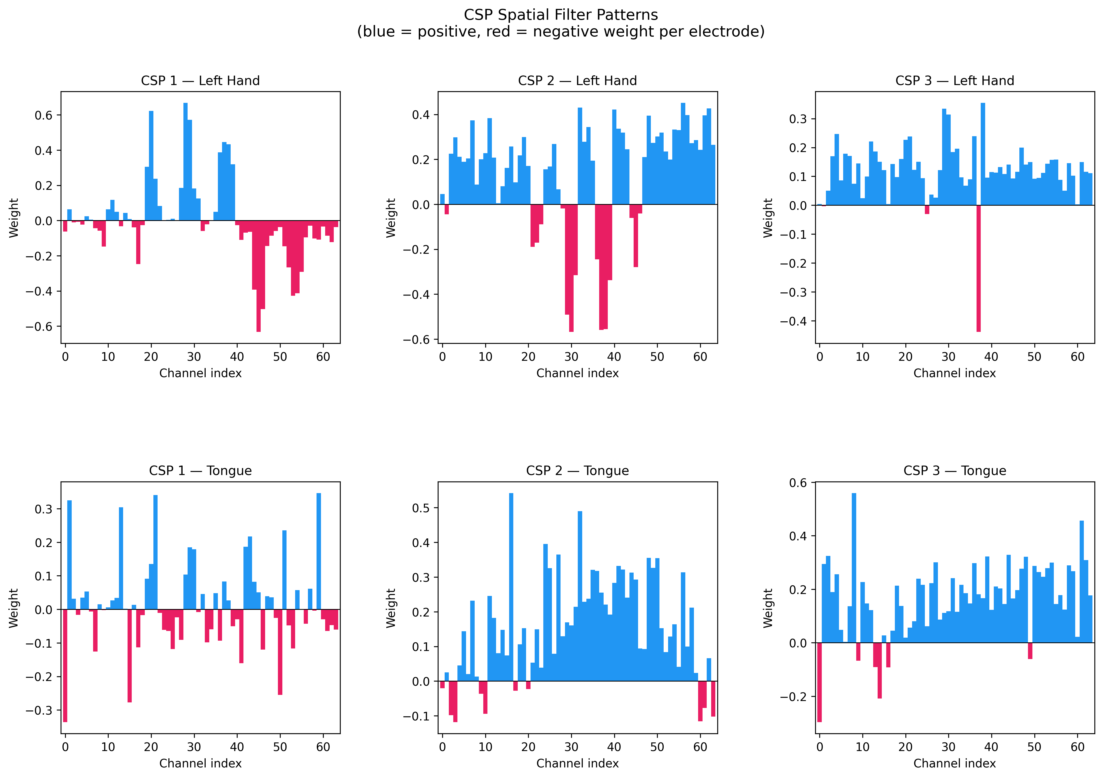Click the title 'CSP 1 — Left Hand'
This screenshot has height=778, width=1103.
point(200,80)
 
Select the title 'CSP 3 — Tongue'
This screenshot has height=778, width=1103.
point(955,471)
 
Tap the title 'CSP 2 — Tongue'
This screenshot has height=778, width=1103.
point(577,471)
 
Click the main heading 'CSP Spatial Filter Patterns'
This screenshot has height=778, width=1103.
point(561,15)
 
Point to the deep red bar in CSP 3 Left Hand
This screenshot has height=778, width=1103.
point(978,268)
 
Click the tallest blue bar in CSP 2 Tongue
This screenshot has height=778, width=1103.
point(511,587)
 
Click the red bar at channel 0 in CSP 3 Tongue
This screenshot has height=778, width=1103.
point(820,682)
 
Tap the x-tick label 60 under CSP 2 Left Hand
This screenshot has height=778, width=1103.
point(700,357)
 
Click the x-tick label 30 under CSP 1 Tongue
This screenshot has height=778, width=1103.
point(194,747)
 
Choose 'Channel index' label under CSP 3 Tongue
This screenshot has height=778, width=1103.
point(955,763)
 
